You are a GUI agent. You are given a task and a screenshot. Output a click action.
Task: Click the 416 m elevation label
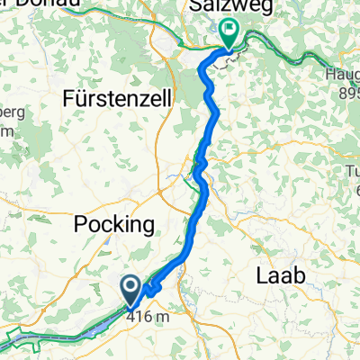pyautogui.click(x=148, y=316)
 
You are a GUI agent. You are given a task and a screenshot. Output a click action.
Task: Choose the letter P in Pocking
pyautogui.click(x=77, y=224)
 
